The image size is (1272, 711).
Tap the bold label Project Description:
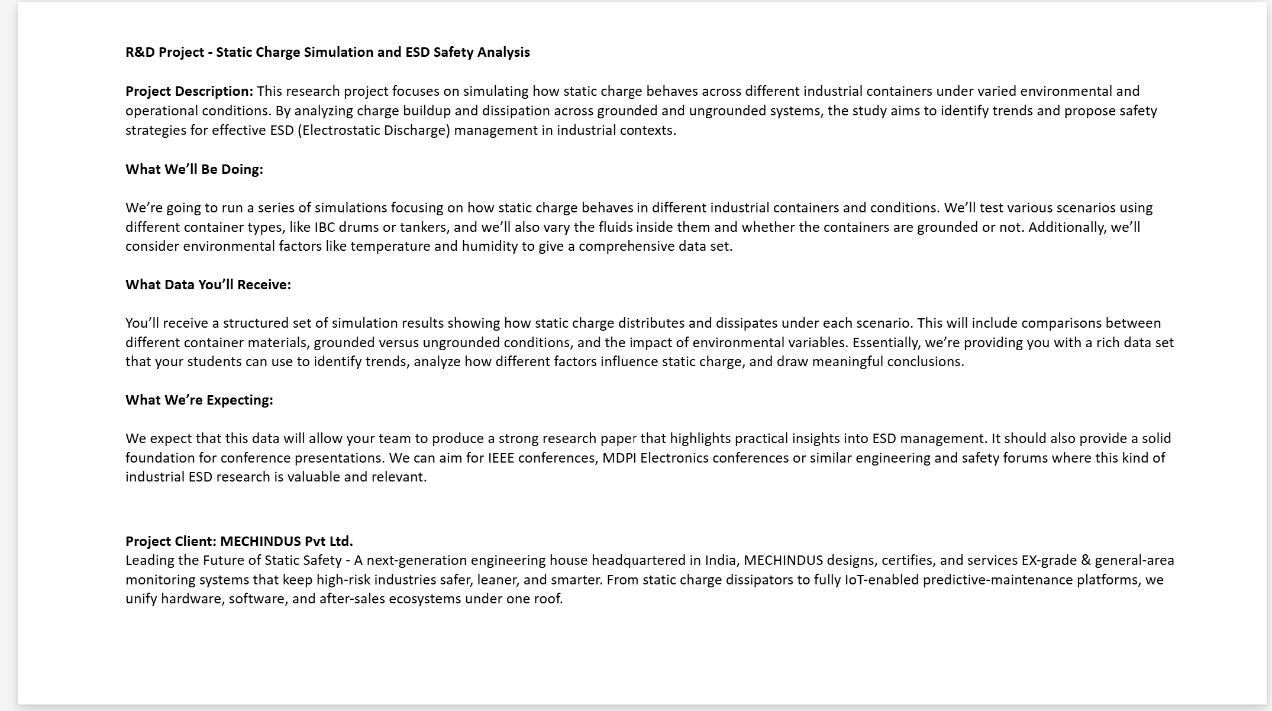[189, 91]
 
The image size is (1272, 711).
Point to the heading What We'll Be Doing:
[194, 169]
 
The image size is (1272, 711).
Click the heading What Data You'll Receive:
[208, 285]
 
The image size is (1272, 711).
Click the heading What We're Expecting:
[199, 400]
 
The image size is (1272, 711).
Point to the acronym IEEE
[501, 458]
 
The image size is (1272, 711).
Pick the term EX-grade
[1048, 560]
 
